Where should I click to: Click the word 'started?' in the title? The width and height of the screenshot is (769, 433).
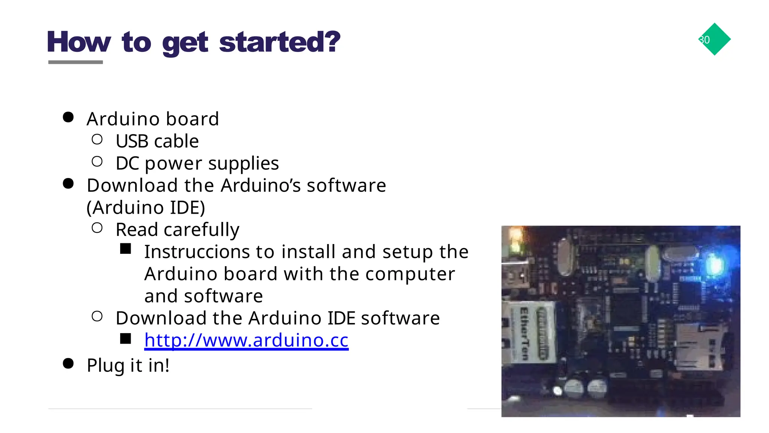pyautogui.click(x=279, y=42)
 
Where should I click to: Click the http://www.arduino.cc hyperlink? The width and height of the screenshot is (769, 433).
pyautogui.click(x=246, y=340)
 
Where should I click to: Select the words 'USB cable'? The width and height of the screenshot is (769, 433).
pyautogui.click(x=157, y=141)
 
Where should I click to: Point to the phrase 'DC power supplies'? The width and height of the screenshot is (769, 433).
pyautogui.click(x=197, y=163)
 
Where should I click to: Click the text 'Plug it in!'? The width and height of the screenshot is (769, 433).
pyautogui.click(x=128, y=365)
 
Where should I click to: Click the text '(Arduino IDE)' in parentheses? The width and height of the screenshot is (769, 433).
pyautogui.click(x=146, y=208)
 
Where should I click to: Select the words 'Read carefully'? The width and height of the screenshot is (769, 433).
pyautogui.click(x=177, y=229)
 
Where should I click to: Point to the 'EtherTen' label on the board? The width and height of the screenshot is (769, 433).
pyautogui.click(x=524, y=333)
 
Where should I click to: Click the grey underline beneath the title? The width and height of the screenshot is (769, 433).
pyautogui.click(x=75, y=62)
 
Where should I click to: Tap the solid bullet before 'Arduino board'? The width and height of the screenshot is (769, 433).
pyautogui.click(x=68, y=117)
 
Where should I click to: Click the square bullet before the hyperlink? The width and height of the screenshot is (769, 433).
pyautogui.click(x=125, y=339)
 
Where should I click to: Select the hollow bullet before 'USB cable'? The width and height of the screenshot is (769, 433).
pyautogui.click(x=97, y=139)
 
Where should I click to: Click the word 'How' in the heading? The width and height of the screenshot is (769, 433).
pyautogui.click(x=79, y=42)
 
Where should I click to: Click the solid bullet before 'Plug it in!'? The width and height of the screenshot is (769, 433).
pyautogui.click(x=68, y=364)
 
